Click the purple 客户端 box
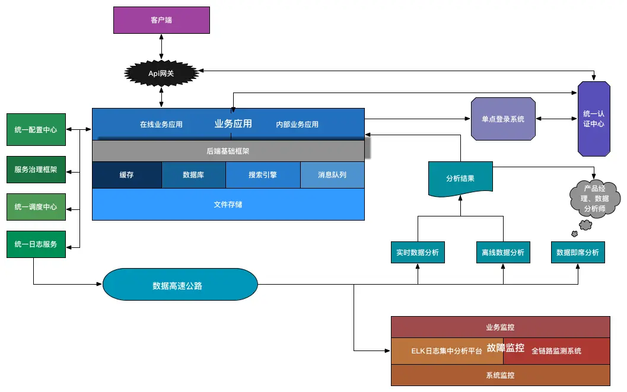coord(161,20)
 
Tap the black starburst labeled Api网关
coord(161,73)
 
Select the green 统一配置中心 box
coord(36,129)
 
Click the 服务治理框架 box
coord(36,170)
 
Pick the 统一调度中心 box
coord(36,206)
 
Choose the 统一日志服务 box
coord(36,244)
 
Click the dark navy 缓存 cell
coord(127,174)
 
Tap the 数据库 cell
coord(193,174)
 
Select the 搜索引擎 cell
coord(263,174)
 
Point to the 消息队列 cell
coord(332,174)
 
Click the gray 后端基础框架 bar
coord(228,151)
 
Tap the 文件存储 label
coord(228,205)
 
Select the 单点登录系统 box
coord(503,119)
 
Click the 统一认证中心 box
coord(594,119)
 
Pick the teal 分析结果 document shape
coord(460,179)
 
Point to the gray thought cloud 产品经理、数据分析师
coord(594,199)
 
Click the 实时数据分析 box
coord(418,252)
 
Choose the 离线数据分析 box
coord(503,252)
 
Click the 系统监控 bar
coord(501,375)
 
